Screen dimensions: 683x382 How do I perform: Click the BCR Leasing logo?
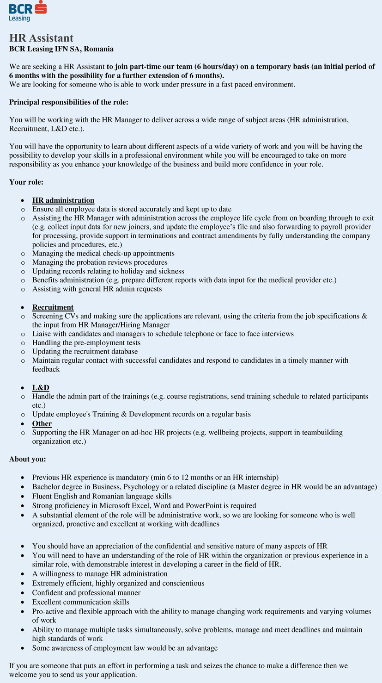[28, 11]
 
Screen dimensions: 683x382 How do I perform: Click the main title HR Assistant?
[42, 38]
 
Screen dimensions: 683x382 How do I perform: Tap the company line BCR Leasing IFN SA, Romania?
[61, 49]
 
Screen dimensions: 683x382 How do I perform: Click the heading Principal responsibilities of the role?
[69, 102]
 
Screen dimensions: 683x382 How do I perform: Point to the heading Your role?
[26, 182]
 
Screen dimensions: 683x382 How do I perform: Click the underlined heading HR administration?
[63, 200]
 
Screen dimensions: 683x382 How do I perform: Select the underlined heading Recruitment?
[53, 307]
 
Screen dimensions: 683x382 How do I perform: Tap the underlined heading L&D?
[41, 388]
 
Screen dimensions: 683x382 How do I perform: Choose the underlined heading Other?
[42, 424]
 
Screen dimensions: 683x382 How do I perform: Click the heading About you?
[28, 459]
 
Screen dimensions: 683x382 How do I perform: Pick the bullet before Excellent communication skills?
[23, 602]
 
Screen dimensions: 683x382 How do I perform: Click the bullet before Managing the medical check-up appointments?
[23, 254]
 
